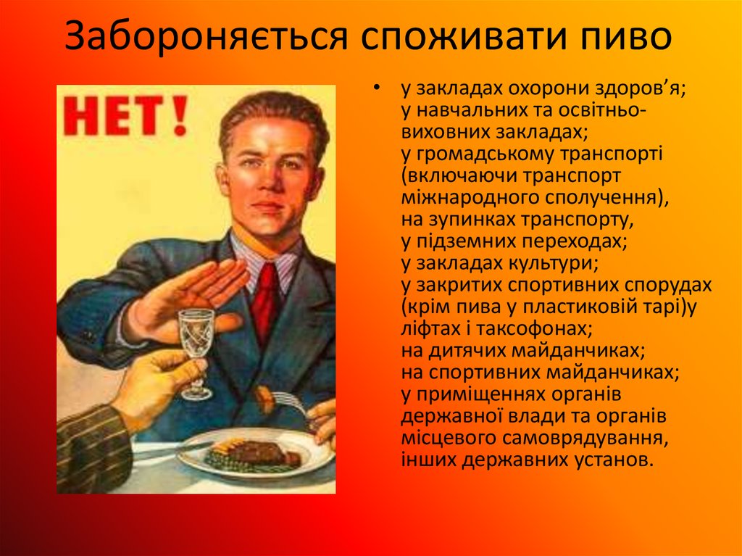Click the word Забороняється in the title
[x=204, y=38]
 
